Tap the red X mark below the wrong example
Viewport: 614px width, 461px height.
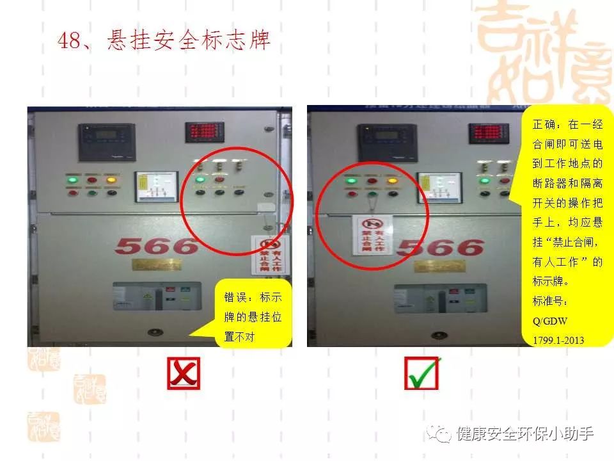coord(184,373)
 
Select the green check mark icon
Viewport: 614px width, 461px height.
coord(421,373)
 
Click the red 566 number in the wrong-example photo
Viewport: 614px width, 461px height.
coord(157,245)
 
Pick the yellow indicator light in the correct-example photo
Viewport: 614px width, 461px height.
coord(392,180)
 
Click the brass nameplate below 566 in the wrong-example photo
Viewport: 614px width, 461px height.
coord(156,264)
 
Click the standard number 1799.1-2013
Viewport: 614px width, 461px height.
coord(558,340)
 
